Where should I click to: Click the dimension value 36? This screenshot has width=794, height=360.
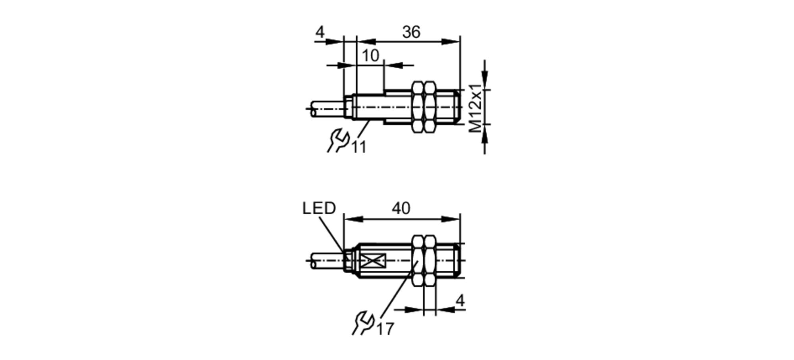(x=411, y=32)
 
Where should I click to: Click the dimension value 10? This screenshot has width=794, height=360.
(x=370, y=56)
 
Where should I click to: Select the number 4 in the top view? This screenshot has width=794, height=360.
(x=320, y=32)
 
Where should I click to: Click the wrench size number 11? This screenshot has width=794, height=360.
(x=358, y=147)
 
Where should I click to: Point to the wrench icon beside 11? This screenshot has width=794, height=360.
(x=338, y=140)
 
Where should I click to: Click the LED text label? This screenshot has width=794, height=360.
(x=319, y=208)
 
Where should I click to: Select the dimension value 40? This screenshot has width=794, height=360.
(x=401, y=208)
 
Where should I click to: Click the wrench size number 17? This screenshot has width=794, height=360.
(x=385, y=329)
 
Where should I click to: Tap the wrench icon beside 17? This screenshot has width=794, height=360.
(x=363, y=323)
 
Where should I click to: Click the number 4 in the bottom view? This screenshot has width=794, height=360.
(x=460, y=300)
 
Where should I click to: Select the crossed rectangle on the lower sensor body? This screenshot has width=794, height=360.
(x=374, y=261)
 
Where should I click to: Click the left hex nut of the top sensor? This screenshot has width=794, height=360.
(x=418, y=107)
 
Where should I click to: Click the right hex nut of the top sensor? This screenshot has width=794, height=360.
(x=430, y=107)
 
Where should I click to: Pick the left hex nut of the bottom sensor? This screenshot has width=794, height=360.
(x=418, y=261)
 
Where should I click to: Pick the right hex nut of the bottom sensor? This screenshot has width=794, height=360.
(x=430, y=261)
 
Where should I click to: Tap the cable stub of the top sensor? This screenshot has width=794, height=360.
(x=326, y=108)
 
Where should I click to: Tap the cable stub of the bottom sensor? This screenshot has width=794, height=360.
(x=326, y=261)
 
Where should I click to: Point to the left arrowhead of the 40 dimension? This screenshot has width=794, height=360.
(x=353, y=219)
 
